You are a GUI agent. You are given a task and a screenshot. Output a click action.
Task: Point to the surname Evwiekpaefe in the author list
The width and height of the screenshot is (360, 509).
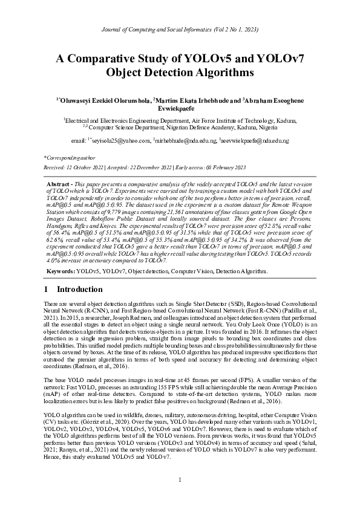pyautogui.click(x=180, y=108)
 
